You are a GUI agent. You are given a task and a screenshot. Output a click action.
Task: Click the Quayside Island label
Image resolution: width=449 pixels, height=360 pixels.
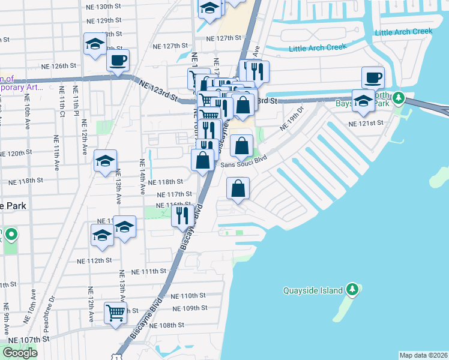313,291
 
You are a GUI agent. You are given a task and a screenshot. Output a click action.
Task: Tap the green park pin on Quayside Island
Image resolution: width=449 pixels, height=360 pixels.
353,290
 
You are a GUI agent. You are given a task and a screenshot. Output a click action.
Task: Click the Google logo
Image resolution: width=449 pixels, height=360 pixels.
20,353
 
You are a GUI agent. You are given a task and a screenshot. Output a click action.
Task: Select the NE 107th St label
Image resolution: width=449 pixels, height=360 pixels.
28,339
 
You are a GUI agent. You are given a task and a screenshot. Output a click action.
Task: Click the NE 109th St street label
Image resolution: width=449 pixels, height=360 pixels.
189,308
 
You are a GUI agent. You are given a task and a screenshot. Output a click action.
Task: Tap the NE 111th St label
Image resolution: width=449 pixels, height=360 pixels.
146,271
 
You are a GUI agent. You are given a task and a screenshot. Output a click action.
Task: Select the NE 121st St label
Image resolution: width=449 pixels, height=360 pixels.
366,123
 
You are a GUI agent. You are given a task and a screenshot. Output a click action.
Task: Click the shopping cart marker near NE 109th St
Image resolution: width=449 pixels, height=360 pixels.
115,313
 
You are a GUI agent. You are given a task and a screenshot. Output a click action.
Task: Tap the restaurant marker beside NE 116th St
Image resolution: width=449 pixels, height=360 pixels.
182,215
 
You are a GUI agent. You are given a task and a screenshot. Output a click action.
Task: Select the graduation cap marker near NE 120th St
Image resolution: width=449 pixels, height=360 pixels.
105,161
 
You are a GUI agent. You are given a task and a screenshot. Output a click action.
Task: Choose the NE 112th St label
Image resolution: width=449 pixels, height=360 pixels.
95,260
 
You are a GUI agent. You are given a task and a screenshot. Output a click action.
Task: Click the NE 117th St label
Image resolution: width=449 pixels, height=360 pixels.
174,194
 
